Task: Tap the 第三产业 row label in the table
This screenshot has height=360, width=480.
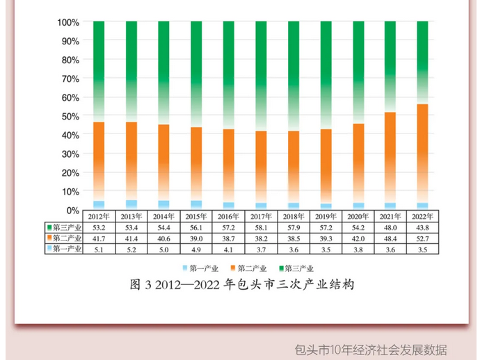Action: (x=65, y=227)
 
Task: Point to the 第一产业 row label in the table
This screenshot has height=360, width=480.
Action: (x=65, y=248)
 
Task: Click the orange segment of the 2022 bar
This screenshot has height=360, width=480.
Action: (x=422, y=153)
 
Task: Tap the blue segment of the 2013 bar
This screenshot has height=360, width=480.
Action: (x=131, y=204)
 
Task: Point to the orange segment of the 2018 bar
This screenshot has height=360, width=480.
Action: (x=293, y=167)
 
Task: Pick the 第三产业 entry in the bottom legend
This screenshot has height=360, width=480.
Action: (x=298, y=268)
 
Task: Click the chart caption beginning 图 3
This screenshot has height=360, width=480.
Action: (x=243, y=285)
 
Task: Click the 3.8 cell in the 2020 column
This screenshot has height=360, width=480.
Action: (x=358, y=248)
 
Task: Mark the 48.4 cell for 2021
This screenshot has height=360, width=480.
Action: (x=390, y=238)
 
